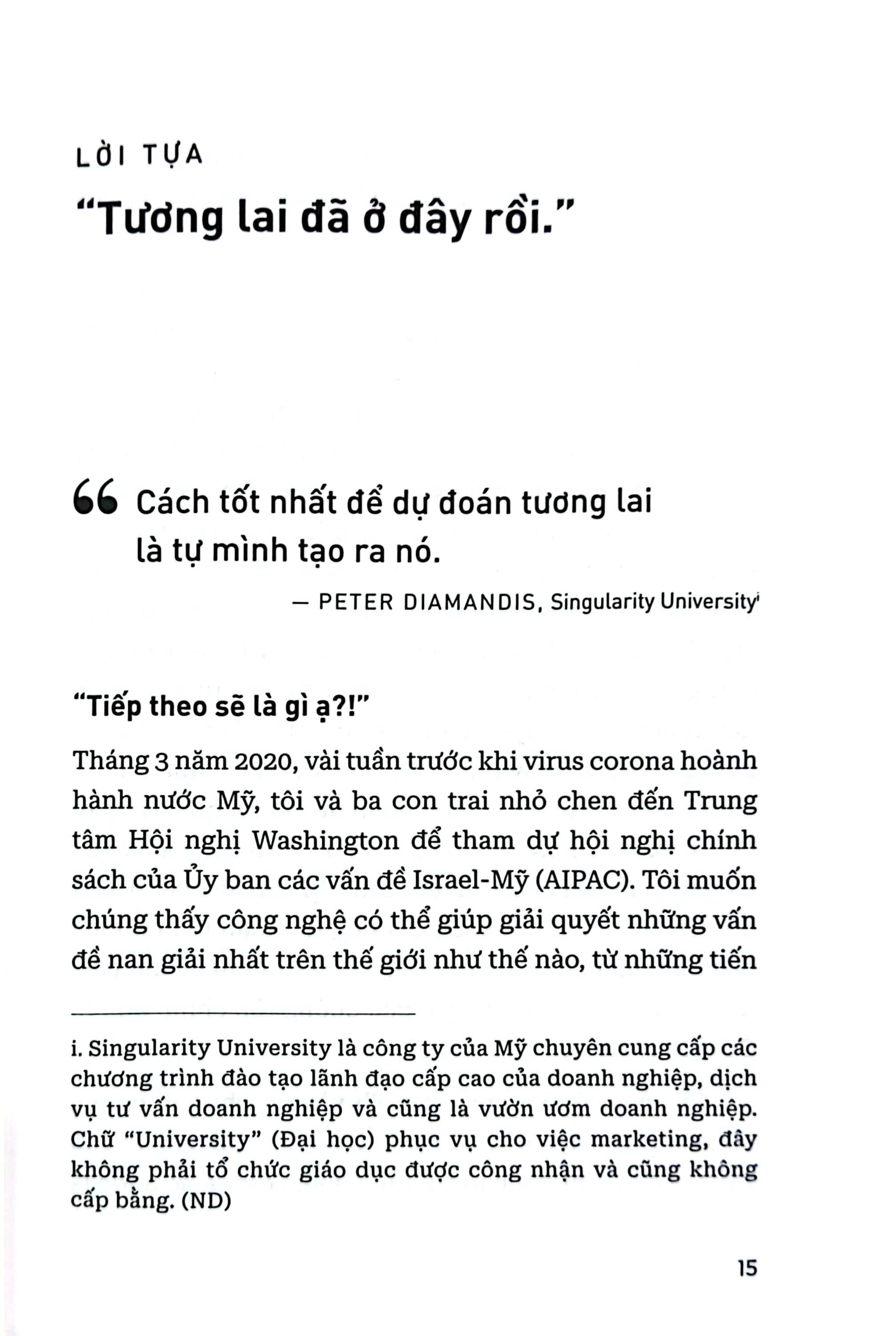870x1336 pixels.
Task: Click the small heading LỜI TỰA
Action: point(138,157)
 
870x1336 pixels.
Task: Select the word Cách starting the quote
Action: point(173,502)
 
